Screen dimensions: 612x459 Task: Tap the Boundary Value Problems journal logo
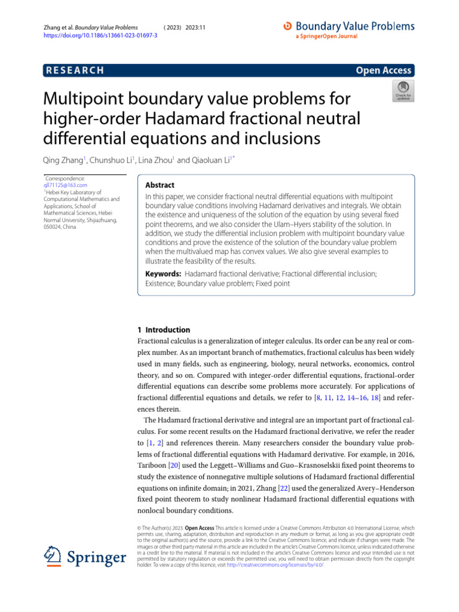348,27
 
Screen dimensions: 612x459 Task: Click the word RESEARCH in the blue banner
75,71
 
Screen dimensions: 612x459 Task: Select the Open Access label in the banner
383,71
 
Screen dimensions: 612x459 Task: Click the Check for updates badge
402,91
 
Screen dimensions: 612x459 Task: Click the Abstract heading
160,185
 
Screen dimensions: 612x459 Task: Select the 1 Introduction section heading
164,330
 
